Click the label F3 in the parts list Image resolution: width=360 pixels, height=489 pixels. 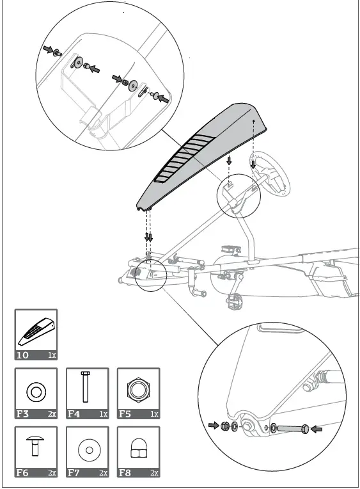22,413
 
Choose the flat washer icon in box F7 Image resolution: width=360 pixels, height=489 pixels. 87,450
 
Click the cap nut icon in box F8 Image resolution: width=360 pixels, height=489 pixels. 138,450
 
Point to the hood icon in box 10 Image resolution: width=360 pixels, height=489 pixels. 36,330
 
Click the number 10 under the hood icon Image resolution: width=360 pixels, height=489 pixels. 22,354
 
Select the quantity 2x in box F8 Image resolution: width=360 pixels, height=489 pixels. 154,473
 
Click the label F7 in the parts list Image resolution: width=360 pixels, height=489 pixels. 74,473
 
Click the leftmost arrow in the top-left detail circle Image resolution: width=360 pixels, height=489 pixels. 47,49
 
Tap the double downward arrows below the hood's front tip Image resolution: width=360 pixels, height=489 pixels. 149,237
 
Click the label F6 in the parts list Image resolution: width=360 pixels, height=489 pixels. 22,473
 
